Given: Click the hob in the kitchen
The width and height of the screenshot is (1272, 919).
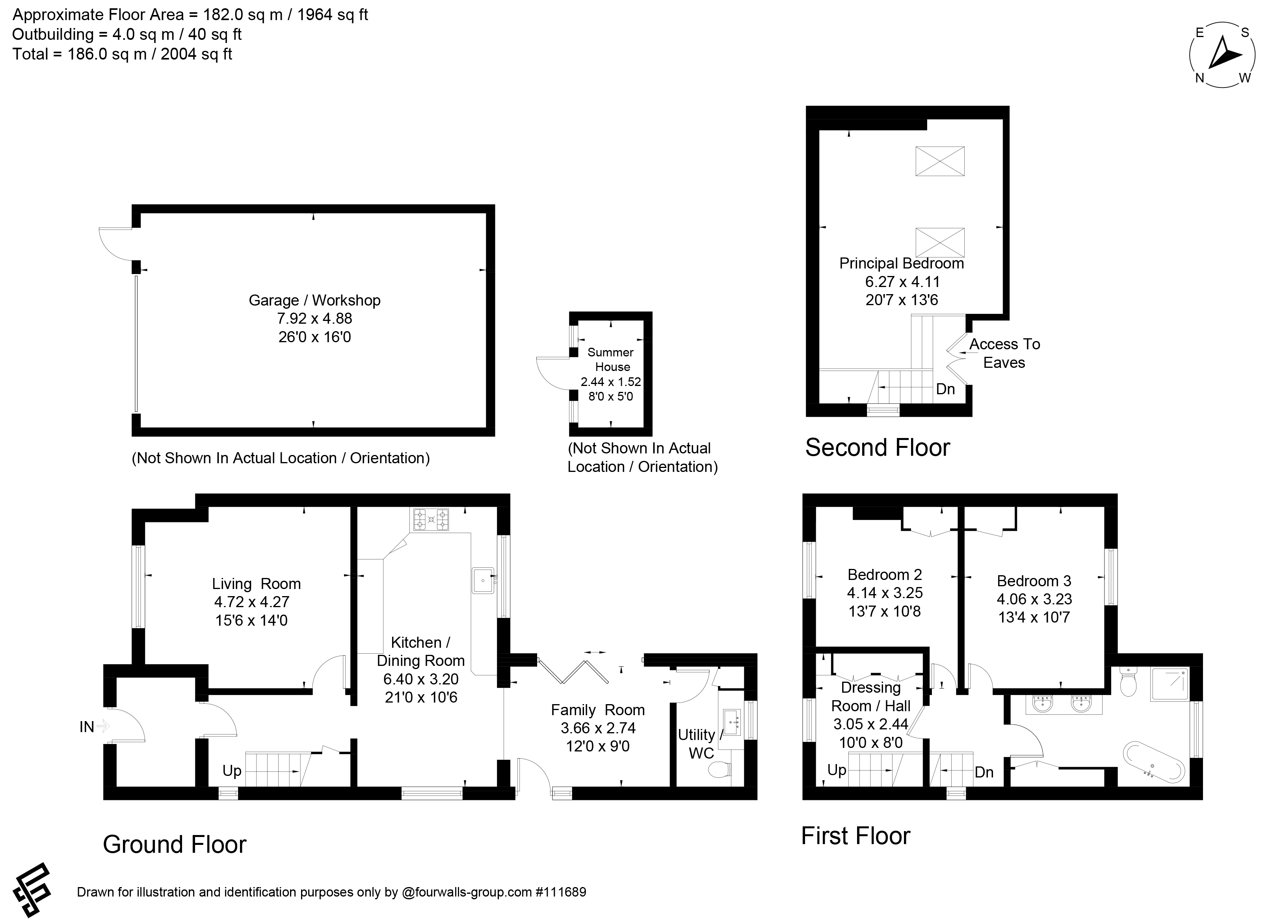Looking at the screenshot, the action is [431, 520].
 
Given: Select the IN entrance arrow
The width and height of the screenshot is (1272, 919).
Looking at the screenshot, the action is [102, 727].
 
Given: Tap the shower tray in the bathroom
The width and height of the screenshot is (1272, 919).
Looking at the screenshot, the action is [1170, 684].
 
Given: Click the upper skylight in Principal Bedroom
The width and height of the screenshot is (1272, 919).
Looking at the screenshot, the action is [940, 161].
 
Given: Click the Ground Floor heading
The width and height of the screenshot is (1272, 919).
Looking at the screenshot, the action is [175, 844].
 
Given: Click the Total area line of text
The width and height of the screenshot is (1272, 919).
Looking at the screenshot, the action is [122, 54].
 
